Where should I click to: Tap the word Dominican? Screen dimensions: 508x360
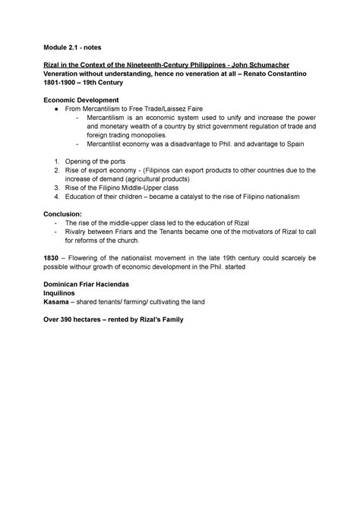(68, 312)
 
